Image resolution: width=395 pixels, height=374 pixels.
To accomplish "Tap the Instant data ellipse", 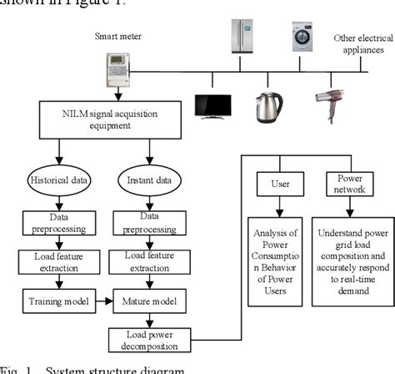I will [x=148, y=180].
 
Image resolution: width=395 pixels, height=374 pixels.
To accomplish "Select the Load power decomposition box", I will [x=147, y=341].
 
